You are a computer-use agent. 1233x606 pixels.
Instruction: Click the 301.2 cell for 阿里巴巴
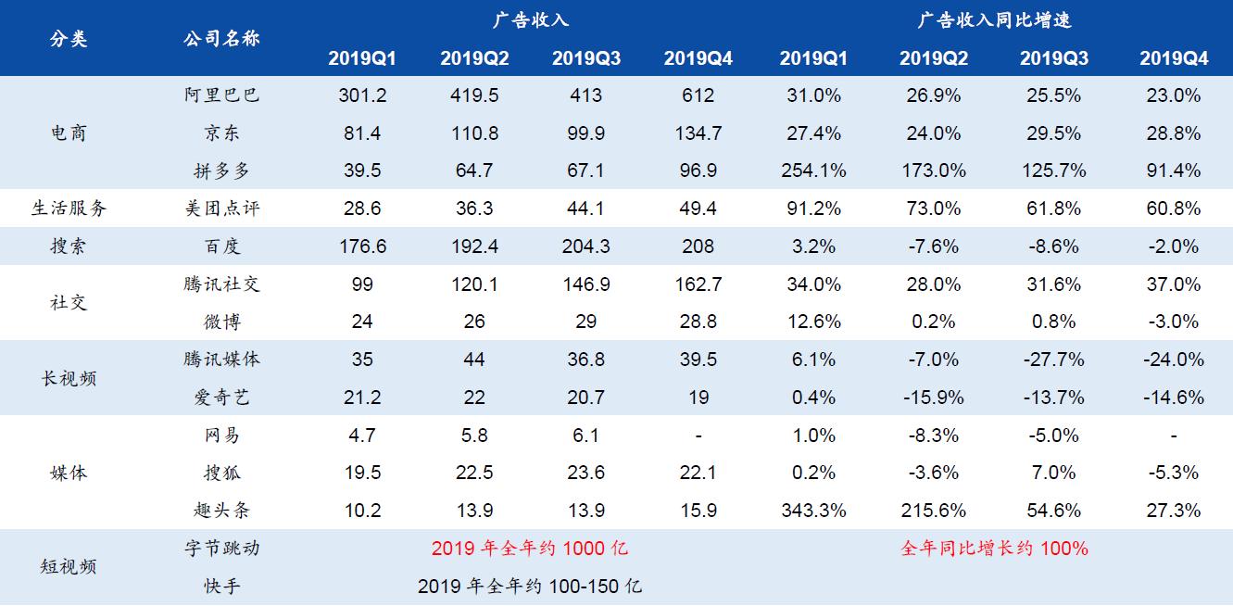(x=362, y=95)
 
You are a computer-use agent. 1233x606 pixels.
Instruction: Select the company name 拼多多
(x=222, y=170)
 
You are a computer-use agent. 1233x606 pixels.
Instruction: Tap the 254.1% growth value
(x=812, y=170)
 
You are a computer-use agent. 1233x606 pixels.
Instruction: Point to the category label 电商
(x=69, y=133)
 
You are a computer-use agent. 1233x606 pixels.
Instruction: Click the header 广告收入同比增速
(x=994, y=19)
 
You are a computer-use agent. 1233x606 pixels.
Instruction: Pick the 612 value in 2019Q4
(x=698, y=95)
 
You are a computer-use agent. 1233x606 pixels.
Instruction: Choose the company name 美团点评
(x=222, y=208)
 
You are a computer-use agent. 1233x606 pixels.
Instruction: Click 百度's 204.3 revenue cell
(x=585, y=246)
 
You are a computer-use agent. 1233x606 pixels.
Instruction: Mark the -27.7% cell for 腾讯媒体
(x=1053, y=360)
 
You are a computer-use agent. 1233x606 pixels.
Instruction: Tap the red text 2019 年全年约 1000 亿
(x=529, y=549)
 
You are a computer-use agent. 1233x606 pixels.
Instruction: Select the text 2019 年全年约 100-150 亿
(x=529, y=587)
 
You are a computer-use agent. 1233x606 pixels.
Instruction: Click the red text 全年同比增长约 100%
(x=994, y=549)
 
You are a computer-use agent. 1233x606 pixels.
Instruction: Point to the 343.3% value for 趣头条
(x=812, y=511)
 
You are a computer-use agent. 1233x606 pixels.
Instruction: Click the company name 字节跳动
(x=222, y=549)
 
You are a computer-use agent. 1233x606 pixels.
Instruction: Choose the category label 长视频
(x=69, y=379)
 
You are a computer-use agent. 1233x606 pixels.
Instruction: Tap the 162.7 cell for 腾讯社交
(x=698, y=284)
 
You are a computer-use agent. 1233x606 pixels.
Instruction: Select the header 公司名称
(x=222, y=39)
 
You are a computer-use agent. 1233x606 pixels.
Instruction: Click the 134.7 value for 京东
(x=698, y=133)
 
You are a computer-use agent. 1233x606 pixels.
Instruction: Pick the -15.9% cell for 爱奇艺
(x=933, y=398)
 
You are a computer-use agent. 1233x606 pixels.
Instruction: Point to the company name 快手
(x=222, y=587)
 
